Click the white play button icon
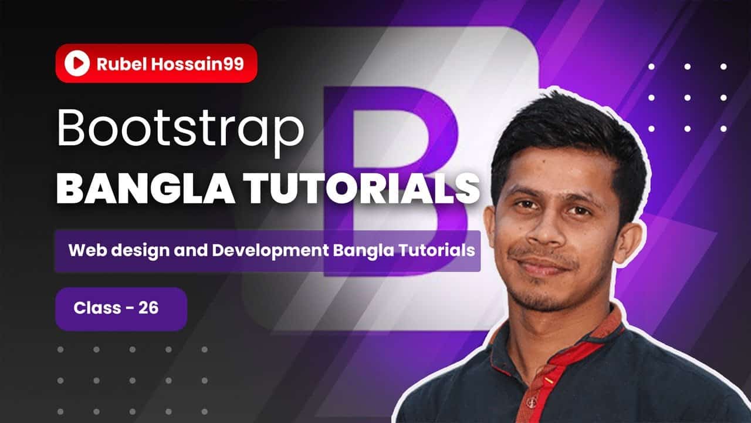click(77, 63)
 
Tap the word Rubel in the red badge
click(121, 64)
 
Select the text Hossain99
click(198, 64)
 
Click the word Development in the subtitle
click(270, 250)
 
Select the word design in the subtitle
click(140, 251)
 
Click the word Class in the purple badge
click(97, 308)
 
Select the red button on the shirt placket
click(532, 401)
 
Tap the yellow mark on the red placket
click(549, 380)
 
